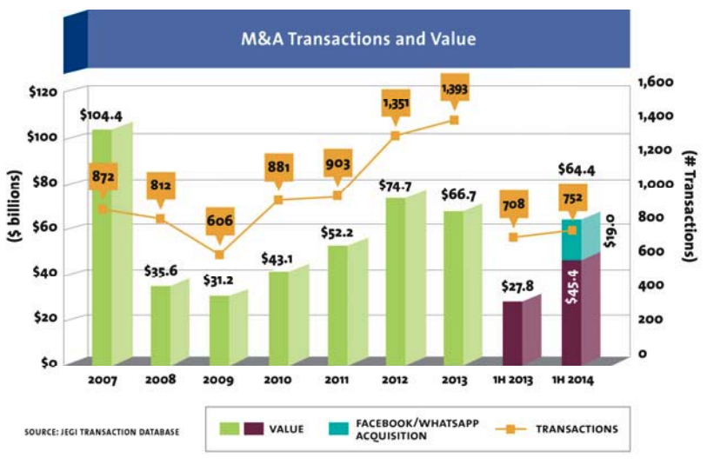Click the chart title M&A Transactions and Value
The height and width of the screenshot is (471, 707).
pos(357,39)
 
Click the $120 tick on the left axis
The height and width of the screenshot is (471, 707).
pos(43,92)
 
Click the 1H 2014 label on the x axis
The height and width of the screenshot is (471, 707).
pos(580,381)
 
